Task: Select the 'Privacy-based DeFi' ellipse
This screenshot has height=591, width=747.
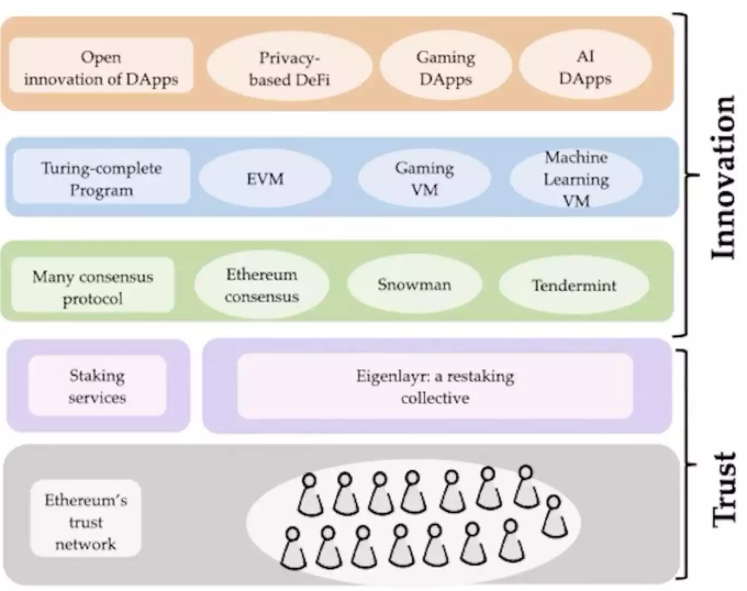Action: point(289,67)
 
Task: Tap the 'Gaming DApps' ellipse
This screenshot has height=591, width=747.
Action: point(445,67)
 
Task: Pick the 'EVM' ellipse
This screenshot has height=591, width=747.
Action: point(265,179)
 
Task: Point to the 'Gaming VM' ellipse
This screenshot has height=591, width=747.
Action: point(424,179)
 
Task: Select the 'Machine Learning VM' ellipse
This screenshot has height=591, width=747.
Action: point(576,179)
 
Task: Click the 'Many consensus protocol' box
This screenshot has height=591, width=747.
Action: point(93,286)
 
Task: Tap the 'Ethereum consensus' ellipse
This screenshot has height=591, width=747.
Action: point(261,285)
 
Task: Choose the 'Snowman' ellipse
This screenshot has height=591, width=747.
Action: point(415,285)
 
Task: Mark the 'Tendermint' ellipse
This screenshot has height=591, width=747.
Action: point(574,286)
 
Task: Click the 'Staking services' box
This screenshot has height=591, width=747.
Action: point(97,386)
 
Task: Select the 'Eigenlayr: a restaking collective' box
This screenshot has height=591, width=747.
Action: point(435,387)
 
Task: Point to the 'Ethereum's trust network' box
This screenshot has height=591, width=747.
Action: point(86,521)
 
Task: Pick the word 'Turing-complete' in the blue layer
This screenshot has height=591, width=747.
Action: point(102,168)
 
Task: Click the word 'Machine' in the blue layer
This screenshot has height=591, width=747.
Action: point(576,158)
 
